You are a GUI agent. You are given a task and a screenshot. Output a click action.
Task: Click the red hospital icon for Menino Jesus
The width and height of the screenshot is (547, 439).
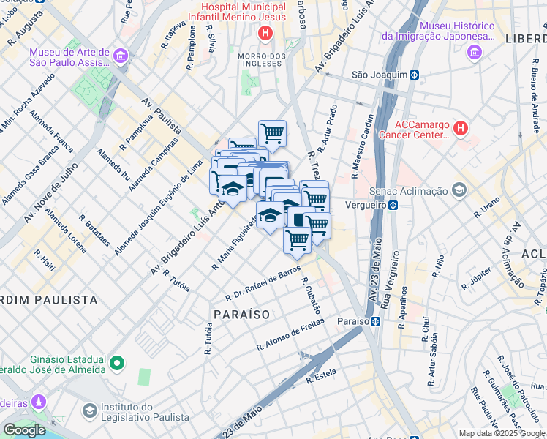click(x=265, y=33)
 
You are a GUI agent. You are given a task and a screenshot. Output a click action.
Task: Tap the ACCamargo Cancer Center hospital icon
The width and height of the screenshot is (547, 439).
click(x=460, y=129)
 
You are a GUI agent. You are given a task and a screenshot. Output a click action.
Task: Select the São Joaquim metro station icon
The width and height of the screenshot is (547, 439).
click(x=414, y=75)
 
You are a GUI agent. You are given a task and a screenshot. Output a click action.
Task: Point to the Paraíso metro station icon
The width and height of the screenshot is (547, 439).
click(x=374, y=321)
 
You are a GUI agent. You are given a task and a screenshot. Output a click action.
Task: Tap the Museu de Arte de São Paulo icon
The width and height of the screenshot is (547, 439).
click(x=121, y=55)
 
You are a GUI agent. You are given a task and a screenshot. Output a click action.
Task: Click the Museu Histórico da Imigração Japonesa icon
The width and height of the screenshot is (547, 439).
click(x=476, y=52)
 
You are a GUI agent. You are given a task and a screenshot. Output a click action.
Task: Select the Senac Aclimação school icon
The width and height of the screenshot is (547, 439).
click(x=459, y=191)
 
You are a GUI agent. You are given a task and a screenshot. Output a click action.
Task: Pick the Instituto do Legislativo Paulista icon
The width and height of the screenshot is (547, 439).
click(x=89, y=411)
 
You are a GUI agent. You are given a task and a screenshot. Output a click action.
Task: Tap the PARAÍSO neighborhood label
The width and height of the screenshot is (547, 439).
click(x=242, y=314)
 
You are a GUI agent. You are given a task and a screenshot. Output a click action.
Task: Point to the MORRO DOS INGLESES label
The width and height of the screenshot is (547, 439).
click(x=260, y=59)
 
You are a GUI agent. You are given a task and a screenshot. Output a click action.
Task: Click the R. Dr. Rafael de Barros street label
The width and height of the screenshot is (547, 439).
click(x=263, y=284)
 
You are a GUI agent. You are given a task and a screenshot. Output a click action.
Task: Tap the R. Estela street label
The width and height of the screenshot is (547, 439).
click(x=321, y=376)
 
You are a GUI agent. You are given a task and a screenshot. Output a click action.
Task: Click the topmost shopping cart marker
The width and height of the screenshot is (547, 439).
click(x=272, y=133)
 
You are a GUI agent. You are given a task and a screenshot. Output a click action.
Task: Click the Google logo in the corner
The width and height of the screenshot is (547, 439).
click(x=23, y=430)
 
